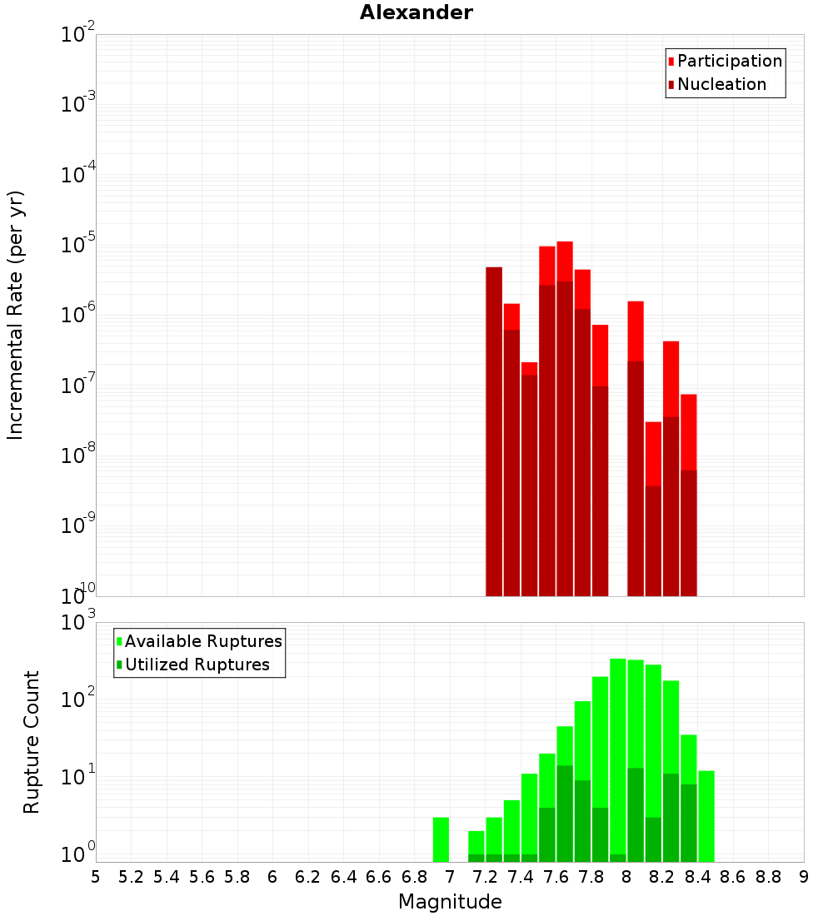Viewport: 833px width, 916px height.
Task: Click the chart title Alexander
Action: (x=416, y=12)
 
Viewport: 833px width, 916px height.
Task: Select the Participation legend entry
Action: (x=730, y=61)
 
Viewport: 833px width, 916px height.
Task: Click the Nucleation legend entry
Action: (x=721, y=84)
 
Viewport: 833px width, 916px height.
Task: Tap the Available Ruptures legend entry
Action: (x=203, y=641)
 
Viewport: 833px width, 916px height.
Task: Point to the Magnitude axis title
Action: (x=450, y=902)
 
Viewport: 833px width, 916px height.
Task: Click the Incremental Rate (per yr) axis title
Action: (x=16, y=315)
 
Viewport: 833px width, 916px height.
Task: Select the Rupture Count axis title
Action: (x=32, y=742)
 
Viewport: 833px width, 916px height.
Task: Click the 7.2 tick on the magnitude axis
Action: (x=485, y=877)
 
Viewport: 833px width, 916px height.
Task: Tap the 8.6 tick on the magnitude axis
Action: (x=733, y=877)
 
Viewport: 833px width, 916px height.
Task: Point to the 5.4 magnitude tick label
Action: (x=167, y=877)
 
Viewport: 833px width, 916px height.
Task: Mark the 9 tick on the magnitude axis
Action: (x=804, y=877)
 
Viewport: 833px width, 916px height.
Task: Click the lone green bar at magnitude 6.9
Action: (x=441, y=839)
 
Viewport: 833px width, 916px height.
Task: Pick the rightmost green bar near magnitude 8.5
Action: (x=706, y=816)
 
